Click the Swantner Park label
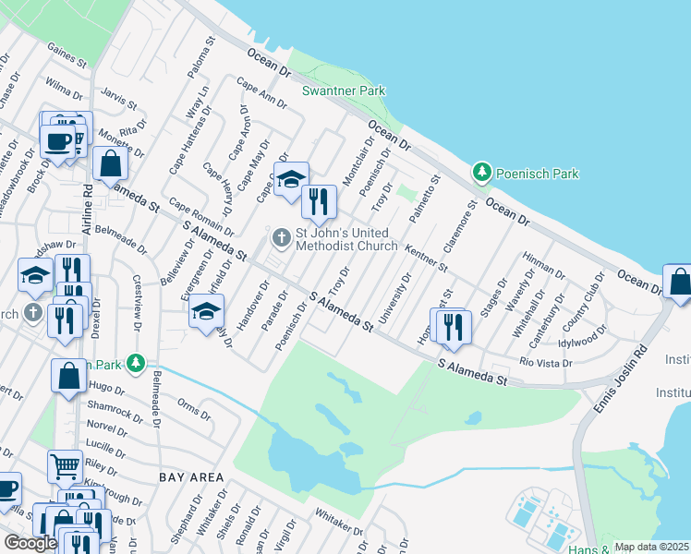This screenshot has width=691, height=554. click(344, 90)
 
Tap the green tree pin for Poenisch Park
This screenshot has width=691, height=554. click(481, 173)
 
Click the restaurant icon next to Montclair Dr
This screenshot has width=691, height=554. click(319, 202)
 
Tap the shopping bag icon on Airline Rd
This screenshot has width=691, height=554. click(111, 163)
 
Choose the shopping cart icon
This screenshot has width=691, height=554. click(64, 467)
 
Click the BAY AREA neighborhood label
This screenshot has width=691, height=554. click(191, 477)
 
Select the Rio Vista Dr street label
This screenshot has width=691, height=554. click(547, 363)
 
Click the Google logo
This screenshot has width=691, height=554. click(30, 543)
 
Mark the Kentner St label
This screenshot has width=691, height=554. click(426, 257)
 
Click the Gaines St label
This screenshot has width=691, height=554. click(66, 56)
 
